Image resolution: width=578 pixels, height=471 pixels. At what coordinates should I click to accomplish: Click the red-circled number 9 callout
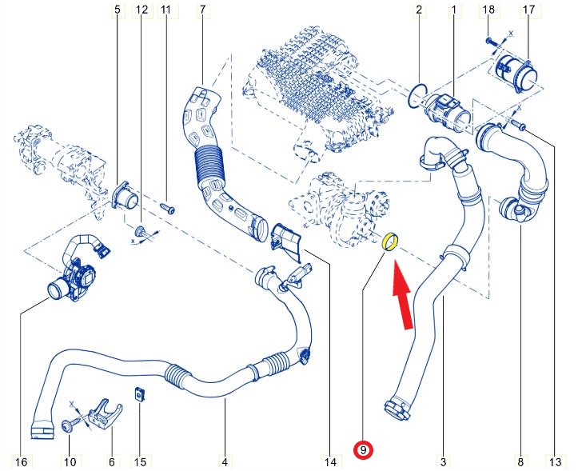tap(364, 451)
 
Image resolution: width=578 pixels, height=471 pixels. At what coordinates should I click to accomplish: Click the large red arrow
tap(402, 295)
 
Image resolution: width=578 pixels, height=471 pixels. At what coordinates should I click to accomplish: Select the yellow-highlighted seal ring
tap(392, 240)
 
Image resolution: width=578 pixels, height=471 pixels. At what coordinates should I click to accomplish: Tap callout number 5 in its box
tap(118, 10)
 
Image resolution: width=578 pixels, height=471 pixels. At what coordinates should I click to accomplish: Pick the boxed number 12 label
tap(142, 10)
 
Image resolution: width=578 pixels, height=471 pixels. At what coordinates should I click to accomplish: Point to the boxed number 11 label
tap(166, 10)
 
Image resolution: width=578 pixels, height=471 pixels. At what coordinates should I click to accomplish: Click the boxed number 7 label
tap(202, 10)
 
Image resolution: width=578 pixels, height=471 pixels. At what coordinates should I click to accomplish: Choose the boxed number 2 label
tap(418, 10)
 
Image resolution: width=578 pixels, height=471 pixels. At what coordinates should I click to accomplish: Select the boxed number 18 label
tap(490, 10)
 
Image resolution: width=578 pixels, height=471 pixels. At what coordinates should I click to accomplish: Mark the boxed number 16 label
tap(21, 461)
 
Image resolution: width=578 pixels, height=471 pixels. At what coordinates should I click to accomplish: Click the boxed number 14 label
tap(329, 461)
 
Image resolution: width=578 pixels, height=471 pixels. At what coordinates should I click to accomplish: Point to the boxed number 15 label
tap(141, 461)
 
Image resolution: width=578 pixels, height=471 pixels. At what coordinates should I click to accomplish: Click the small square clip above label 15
tap(139, 394)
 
